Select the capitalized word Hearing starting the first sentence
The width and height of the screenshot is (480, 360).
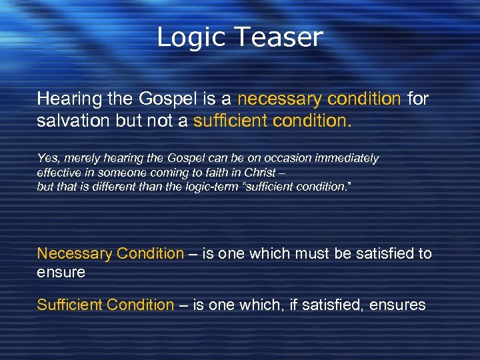click(x=65, y=99)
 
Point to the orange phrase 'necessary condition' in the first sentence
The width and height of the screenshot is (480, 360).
click(x=319, y=99)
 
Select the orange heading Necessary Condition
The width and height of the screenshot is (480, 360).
click(x=110, y=254)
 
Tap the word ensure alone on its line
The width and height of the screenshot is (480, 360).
click(x=61, y=272)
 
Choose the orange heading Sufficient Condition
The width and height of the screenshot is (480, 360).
click(x=105, y=305)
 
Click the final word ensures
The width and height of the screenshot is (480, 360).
click(x=398, y=305)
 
